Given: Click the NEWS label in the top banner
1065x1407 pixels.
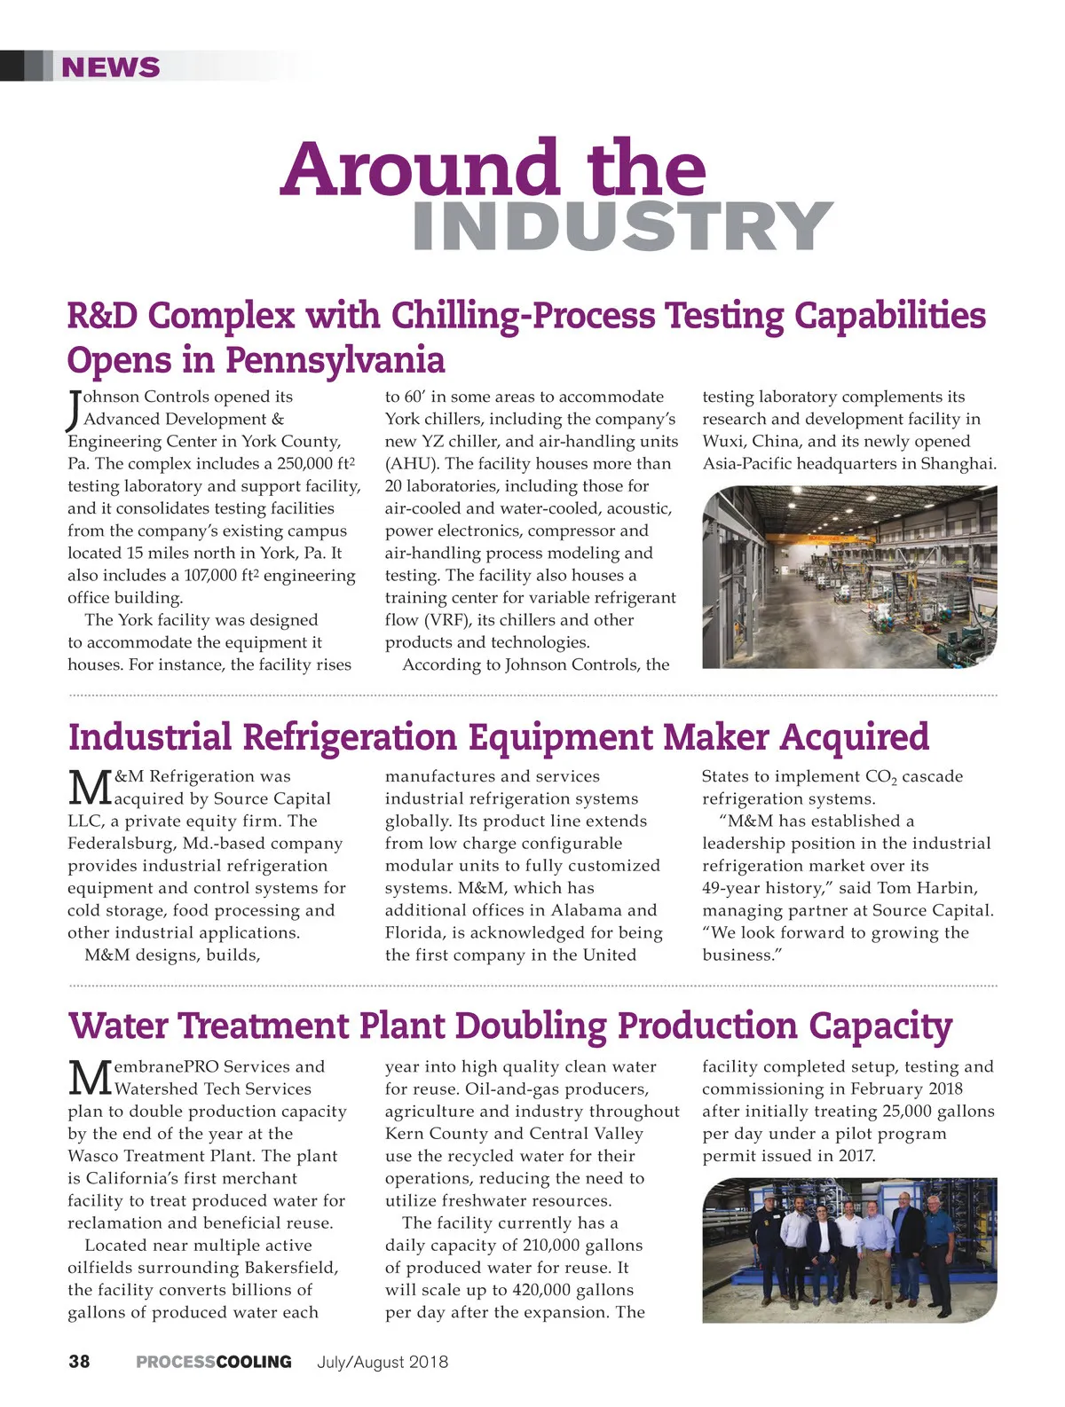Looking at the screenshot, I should tap(111, 67).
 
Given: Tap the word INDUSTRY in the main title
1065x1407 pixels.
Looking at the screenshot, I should tap(622, 226).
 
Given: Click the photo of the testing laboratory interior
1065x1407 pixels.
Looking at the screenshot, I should tap(849, 577).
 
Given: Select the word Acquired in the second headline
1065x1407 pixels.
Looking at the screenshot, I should tap(855, 737).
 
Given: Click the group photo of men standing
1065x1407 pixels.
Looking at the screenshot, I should tap(849, 1250).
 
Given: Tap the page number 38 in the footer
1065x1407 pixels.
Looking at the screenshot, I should tap(79, 1362).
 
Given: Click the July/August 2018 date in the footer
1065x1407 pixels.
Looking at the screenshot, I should tap(383, 1362).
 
